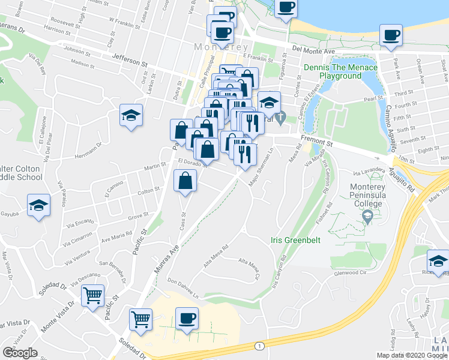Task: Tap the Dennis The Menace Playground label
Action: pyautogui.click(x=340, y=72)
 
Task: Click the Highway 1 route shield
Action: pyautogui.click(x=259, y=346)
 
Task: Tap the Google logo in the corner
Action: pyautogui.click(x=20, y=352)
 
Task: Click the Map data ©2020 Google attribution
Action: pyautogui.click(x=411, y=355)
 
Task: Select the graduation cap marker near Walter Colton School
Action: pyautogui.click(x=38, y=205)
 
